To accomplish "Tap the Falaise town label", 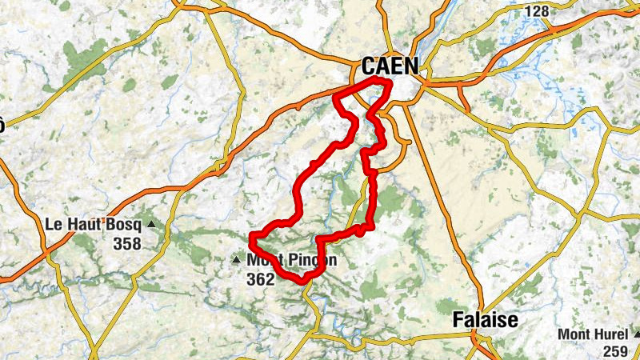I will pyautogui.click(x=485, y=319).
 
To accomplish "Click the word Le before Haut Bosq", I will pyautogui.click(x=57, y=225).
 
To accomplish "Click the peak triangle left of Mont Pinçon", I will pyautogui.click(x=236, y=259).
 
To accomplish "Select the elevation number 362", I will pyautogui.click(x=261, y=278).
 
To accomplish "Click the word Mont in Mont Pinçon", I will pyautogui.click(x=265, y=260).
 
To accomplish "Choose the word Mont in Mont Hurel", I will pyautogui.click(x=574, y=334).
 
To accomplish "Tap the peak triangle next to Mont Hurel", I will pyautogui.click(x=636, y=334).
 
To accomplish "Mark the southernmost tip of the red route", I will pyautogui.click(x=303, y=282).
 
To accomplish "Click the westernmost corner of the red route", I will pyautogui.click(x=252, y=237).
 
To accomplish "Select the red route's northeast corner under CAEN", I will pyautogui.click(x=390, y=83).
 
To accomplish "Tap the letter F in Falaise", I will pyautogui.click(x=458, y=319).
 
